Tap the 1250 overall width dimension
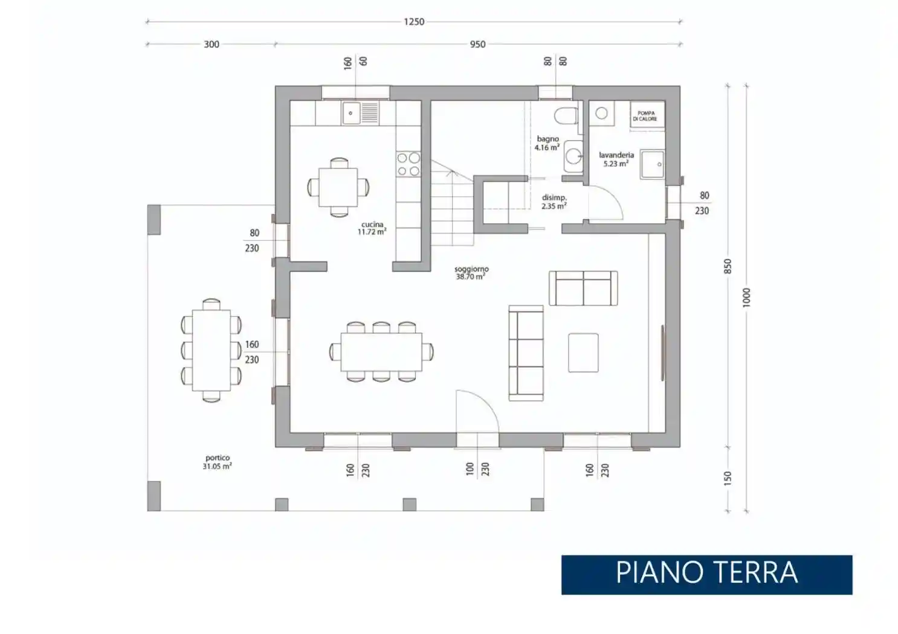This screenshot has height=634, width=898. (x=414, y=22)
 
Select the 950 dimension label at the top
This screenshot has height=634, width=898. (x=477, y=44)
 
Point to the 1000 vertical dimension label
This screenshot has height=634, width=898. (x=746, y=297)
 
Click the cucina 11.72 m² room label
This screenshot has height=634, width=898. (x=372, y=228)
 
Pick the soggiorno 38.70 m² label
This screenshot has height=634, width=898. (x=471, y=273)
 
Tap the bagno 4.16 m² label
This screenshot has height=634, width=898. (x=548, y=143)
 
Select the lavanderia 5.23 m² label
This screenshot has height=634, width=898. (x=616, y=159)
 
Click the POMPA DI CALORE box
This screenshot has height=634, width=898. (x=646, y=115)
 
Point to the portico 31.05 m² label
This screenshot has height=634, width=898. (x=217, y=462)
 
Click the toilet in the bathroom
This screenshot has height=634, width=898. (x=566, y=115)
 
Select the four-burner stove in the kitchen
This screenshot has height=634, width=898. (x=409, y=164)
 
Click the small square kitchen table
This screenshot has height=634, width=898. (x=338, y=187)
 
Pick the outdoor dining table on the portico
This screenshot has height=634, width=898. (x=211, y=350)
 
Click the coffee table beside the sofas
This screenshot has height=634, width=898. (x=583, y=353)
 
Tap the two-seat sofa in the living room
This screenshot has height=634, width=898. (x=583, y=288)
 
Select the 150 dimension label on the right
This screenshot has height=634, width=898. (x=728, y=478)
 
